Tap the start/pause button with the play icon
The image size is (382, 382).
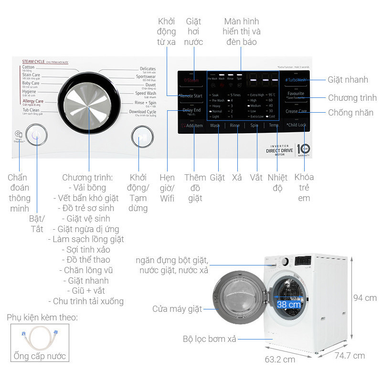pyautogui.click(x=142, y=138)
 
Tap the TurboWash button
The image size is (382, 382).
pyautogui.click(x=295, y=80)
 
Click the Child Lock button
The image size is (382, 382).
pyautogui.click(x=296, y=125)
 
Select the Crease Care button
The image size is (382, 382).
pyautogui.click(x=296, y=111)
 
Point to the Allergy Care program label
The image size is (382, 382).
pyautogui.click(x=33, y=101)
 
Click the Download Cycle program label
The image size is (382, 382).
pyautogui.click(x=142, y=112)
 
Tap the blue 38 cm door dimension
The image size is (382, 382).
pyautogui.click(x=288, y=304)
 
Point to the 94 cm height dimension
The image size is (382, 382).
pyautogui.click(x=365, y=298)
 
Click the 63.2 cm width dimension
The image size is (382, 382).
pyautogui.click(x=280, y=360)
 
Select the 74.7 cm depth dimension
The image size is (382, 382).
pyautogui.click(x=350, y=355)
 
